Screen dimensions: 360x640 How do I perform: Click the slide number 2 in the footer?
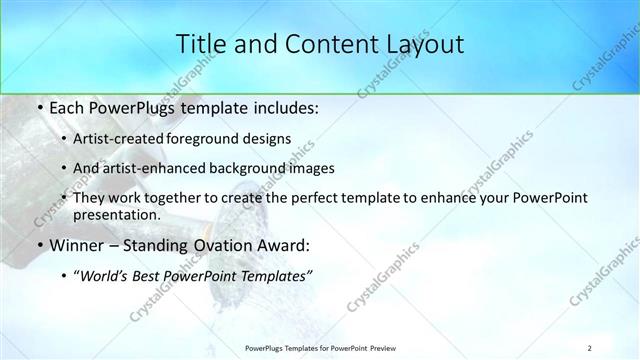click(x=590, y=348)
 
